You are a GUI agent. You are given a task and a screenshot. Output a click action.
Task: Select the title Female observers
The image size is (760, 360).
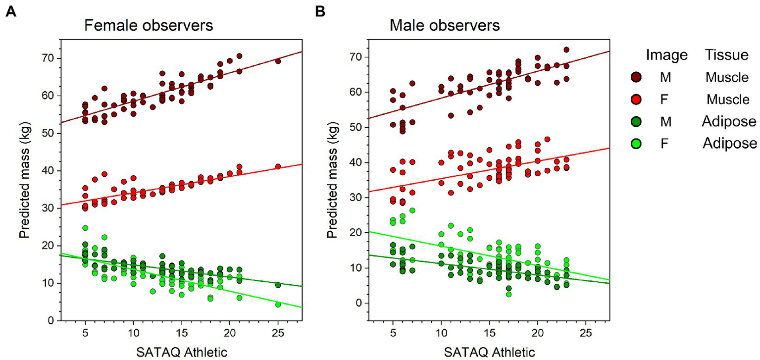tap(148, 26)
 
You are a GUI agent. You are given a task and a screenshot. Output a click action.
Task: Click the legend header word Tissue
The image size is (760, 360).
tap(726, 55)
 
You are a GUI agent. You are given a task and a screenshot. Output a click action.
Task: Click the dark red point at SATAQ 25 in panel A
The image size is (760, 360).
tap(278, 61)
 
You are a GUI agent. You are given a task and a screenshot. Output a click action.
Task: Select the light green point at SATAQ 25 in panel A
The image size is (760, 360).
tap(278, 305)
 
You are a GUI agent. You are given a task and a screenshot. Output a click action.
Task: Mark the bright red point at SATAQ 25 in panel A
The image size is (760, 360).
tap(278, 166)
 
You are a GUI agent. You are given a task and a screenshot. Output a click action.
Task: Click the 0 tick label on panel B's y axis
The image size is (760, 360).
tap(353, 303)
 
